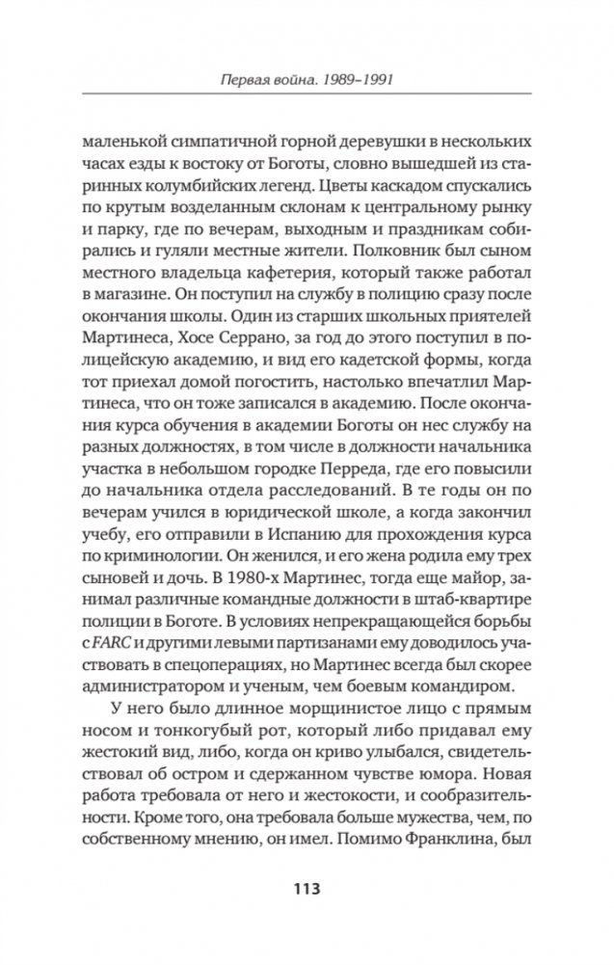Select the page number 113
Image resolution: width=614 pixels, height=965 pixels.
tap(306, 887)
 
